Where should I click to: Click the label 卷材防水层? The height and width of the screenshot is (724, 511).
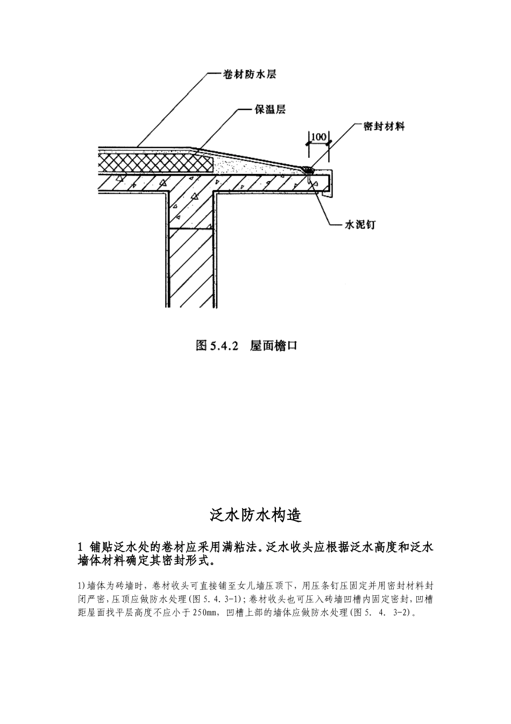[x=250, y=75]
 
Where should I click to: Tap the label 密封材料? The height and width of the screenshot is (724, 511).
[x=384, y=127]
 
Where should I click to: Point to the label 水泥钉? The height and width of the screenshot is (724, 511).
[x=360, y=225]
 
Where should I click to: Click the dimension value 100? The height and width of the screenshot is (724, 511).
[x=319, y=136]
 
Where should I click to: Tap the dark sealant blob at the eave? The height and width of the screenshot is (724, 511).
[x=308, y=170]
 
